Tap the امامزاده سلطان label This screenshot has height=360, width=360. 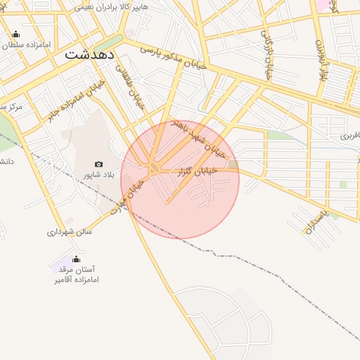(x=26, y=45)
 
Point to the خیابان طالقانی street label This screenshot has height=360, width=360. (x=134, y=89)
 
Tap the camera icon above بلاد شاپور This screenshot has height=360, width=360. (x=98, y=164)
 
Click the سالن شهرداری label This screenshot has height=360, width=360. (x=70, y=231)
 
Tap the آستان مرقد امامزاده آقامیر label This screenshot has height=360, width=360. (x=77, y=274)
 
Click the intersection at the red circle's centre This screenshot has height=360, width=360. (x=153, y=169)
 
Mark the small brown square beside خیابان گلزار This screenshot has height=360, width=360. (x=233, y=165)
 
